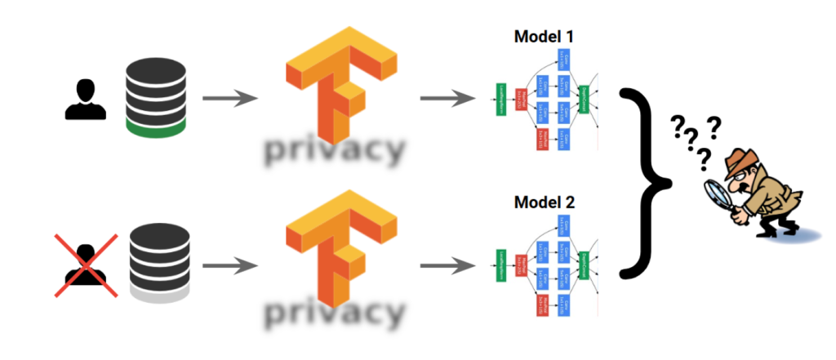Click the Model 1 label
pos(545,36)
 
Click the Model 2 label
pos(545,201)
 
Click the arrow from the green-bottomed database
pos(229,100)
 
